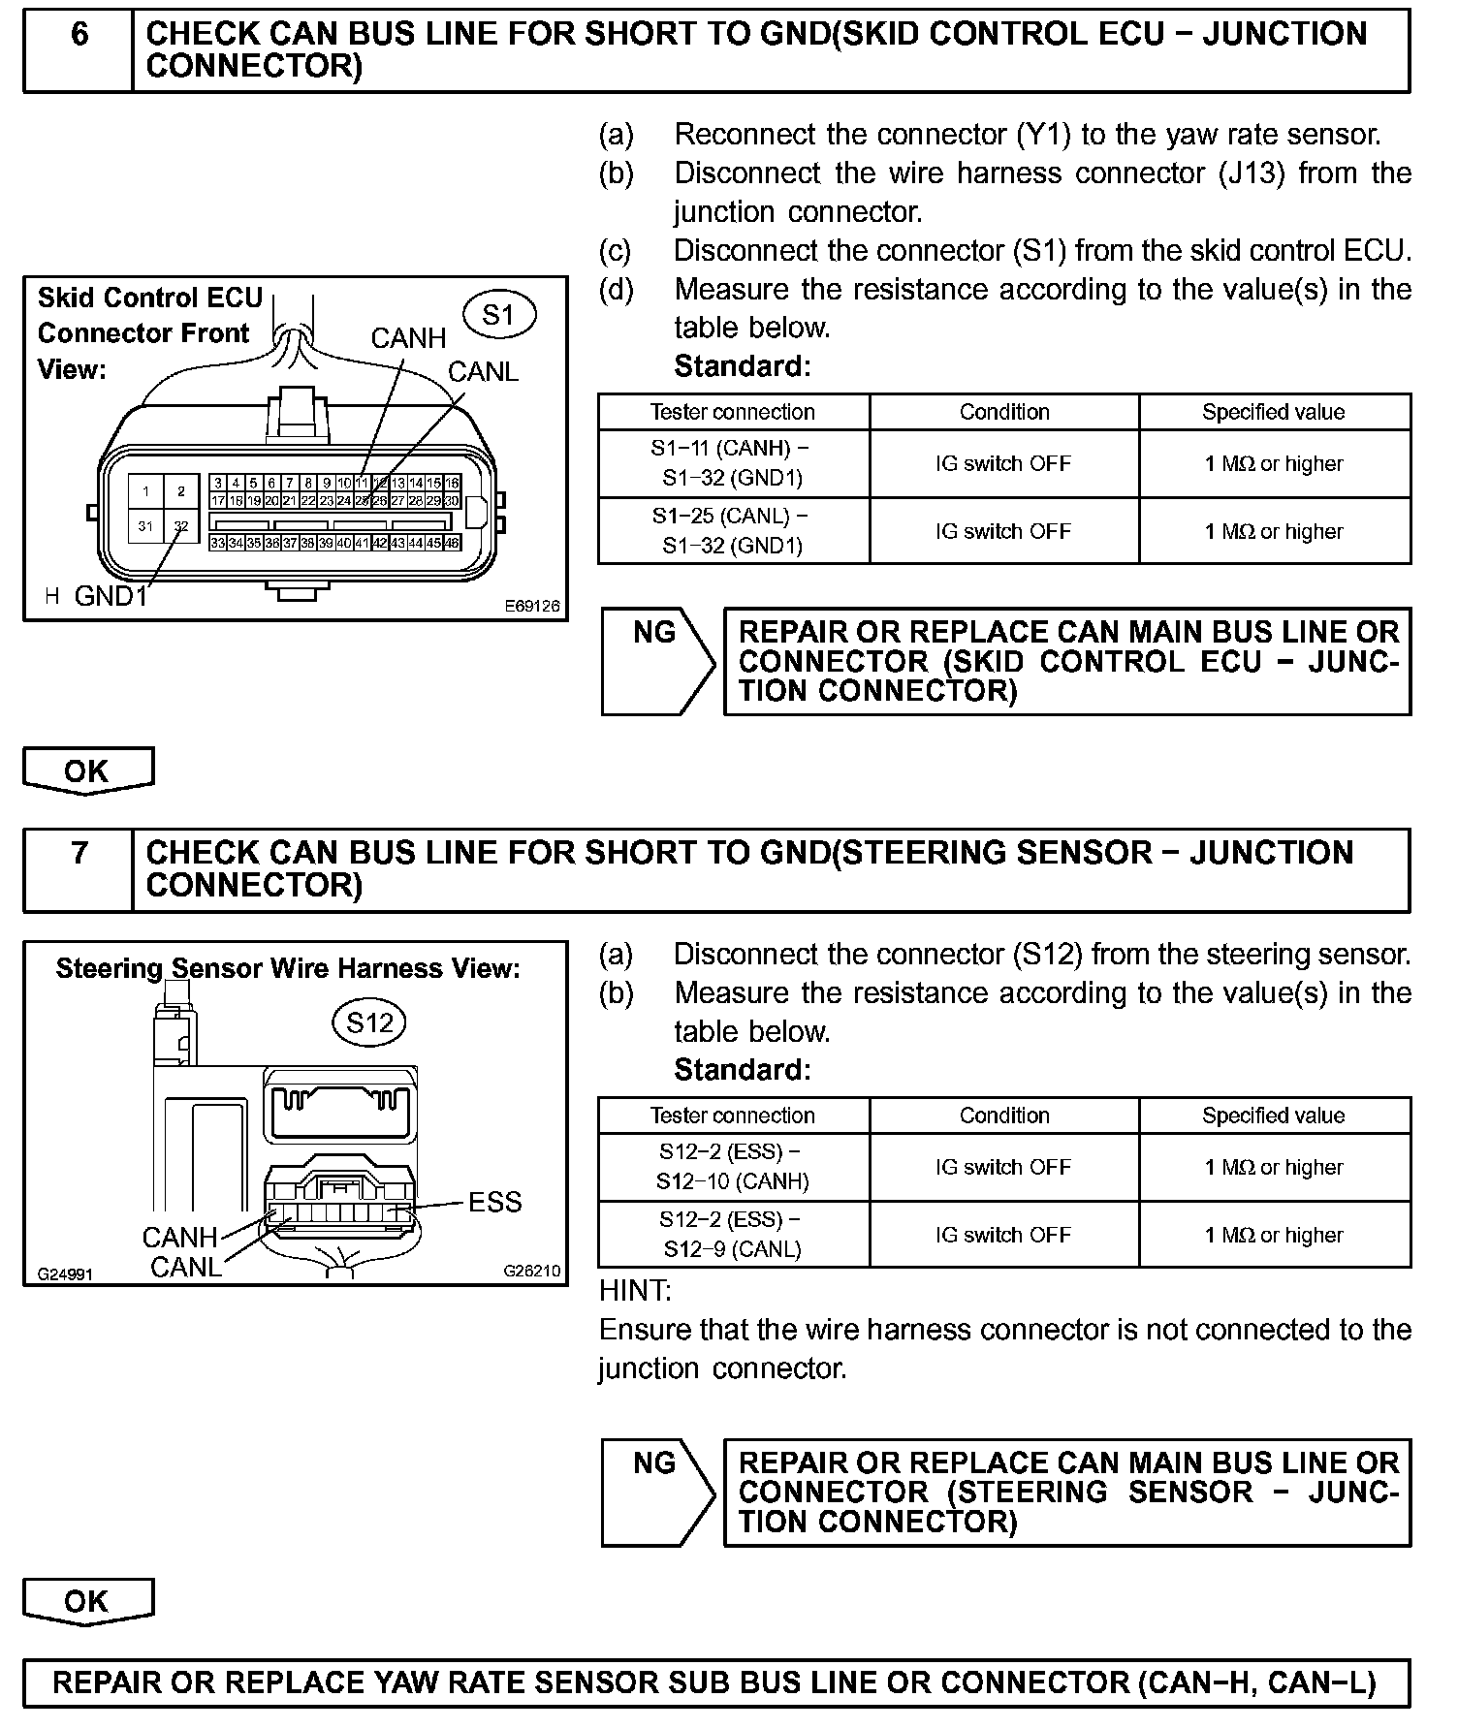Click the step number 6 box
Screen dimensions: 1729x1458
click(x=79, y=50)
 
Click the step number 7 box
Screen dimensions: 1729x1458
click(x=79, y=869)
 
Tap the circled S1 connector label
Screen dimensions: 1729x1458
click(x=499, y=314)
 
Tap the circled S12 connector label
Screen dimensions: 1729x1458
click(x=369, y=1022)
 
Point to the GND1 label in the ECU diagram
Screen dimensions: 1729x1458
click(x=111, y=595)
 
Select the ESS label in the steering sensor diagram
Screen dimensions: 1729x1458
click(x=494, y=1202)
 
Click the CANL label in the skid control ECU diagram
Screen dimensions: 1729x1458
click(x=483, y=371)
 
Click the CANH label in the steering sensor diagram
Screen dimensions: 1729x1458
click(x=179, y=1237)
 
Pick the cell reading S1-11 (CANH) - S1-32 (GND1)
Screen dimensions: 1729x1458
click(x=733, y=463)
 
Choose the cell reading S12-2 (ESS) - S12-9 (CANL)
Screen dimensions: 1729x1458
click(x=733, y=1234)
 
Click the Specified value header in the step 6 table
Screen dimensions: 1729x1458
click(x=1273, y=412)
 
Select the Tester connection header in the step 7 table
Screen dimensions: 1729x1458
click(x=733, y=1116)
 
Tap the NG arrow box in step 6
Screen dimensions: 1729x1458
click(x=657, y=661)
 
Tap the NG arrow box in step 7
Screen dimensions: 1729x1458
click(x=657, y=1492)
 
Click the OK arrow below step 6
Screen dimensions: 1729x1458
click(x=88, y=771)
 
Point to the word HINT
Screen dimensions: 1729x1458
click(x=635, y=1291)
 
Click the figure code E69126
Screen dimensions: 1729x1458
click(x=531, y=606)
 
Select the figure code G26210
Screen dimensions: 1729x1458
click(x=531, y=1271)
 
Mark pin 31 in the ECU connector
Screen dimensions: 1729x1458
click(x=146, y=525)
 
